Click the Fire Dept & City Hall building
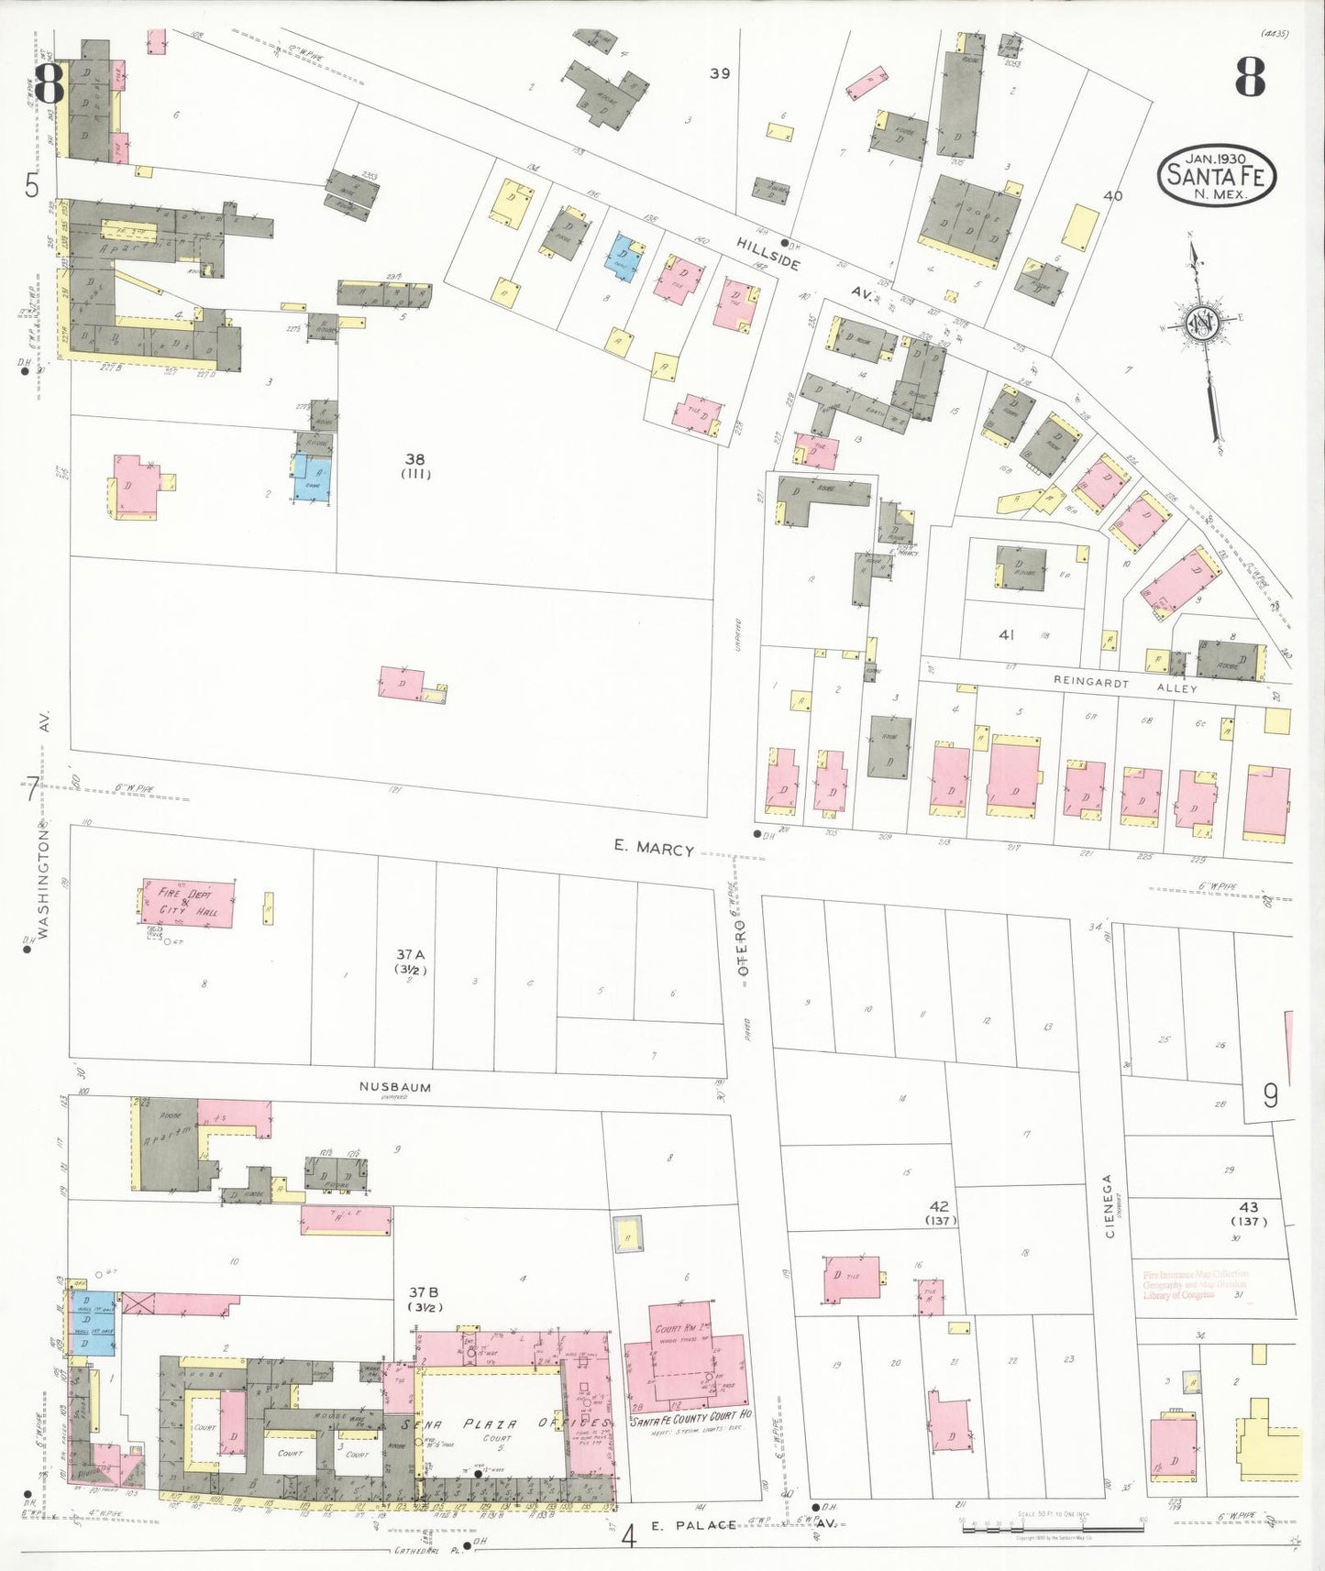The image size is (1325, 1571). (x=187, y=905)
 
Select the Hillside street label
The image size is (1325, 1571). (x=768, y=252)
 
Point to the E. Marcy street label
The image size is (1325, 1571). (x=654, y=849)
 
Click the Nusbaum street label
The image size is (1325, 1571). (x=394, y=1087)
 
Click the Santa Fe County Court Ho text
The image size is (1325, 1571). (x=690, y=1416)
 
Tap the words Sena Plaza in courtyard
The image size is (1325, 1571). (x=462, y=1424)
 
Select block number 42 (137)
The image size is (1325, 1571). (x=939, y=1213)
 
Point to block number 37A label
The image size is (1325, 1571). (x=411, y=961)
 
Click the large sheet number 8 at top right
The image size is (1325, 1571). (x=1249, y=77)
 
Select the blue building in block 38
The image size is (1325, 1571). (x=312, y=478)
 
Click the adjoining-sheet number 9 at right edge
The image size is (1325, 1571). (x=1270, y=1095)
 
